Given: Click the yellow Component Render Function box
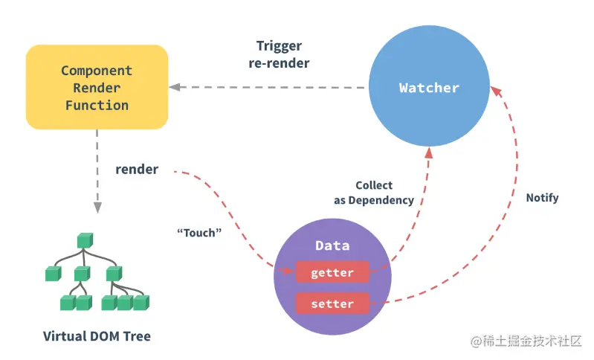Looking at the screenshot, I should (97, 87).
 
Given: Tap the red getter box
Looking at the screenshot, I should (332, 273).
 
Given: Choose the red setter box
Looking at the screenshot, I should (332, 303).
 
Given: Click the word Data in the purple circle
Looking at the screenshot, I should (332, 245).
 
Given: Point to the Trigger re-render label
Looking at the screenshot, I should (279, 54).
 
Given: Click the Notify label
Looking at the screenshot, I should (542, 198).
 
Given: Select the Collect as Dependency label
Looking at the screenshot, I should (373, 193).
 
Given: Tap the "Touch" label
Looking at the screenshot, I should (200, 233).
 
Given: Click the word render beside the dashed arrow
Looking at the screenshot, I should (137, 170).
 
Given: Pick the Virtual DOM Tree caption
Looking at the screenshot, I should (97, 336).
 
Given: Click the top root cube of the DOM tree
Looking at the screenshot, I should (83, 240).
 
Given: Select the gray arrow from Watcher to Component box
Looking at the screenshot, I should (268, 87).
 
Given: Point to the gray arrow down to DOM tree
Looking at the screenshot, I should (97, 171).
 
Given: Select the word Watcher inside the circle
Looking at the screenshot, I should (429, 88).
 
